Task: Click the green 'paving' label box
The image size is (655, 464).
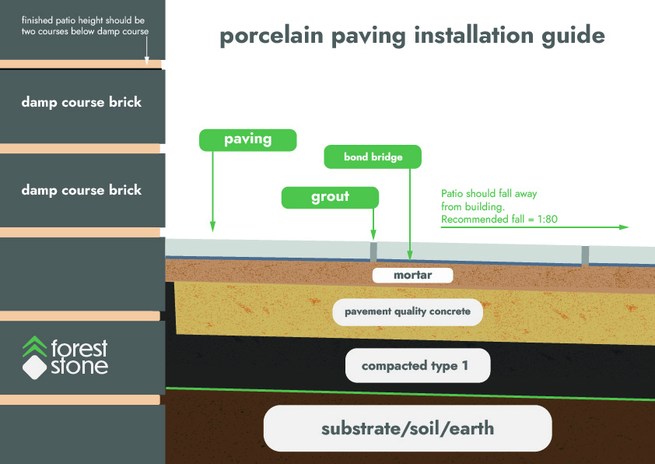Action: click(x=247, y=140)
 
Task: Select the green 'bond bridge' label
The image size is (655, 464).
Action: click(x=373, y=156)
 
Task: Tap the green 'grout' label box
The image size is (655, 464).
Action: click(x=330, y=197)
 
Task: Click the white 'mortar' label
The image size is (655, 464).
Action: click(x=413, y=275)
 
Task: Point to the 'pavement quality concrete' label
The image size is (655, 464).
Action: click(x=408, y=312)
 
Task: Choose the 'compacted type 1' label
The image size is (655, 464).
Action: click(x=418, y=366)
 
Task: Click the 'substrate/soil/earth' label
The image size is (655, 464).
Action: click(x=408, y=428)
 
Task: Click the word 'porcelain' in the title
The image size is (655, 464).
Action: click(x=271, y=36)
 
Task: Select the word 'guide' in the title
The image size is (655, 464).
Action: click(x=573, y=35)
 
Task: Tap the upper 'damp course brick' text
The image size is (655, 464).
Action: click(x=82, y=102)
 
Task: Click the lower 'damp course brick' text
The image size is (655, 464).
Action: click(x=82, y=190)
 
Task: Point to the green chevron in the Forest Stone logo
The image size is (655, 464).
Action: click(x=35, y=346)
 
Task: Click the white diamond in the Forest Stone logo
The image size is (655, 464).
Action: click(x=35, y=367)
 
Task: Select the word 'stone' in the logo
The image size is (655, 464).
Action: click(x=80, y=366)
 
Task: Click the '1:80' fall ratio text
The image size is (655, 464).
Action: click(x=547, y=219)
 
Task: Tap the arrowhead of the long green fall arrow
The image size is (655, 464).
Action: click(x=624, y=227)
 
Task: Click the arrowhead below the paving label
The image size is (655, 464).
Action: click(x=212, y=227)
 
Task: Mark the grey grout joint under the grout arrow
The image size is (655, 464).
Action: click(x=373, y=251)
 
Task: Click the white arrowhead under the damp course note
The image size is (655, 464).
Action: click(x=146, y=61)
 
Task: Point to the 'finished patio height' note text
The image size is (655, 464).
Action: click(x=85, y=26)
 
